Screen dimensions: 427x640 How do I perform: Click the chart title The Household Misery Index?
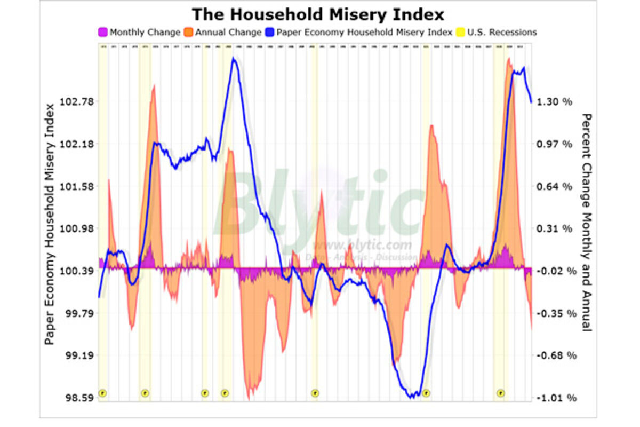point(318,13)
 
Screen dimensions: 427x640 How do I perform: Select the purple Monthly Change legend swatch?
point(103,33)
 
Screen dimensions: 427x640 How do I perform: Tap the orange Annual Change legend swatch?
point(188,33)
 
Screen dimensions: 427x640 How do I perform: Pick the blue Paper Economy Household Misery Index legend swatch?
point(269,33)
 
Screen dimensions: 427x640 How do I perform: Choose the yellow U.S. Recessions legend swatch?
point(460,33)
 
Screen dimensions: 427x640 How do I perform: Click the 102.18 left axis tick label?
point(76,144)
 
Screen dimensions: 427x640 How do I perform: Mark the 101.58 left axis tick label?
point(76,186)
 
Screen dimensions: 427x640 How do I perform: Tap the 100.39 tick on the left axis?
point(76,271)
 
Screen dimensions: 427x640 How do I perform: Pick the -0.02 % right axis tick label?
point(553,271)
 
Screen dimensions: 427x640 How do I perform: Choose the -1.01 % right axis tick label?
point(553,398)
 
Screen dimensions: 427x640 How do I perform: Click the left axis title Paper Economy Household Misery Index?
point(50,224)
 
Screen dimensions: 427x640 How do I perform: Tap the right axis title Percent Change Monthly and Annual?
point(587,222)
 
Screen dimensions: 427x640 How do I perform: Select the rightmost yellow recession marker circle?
point(500,393)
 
